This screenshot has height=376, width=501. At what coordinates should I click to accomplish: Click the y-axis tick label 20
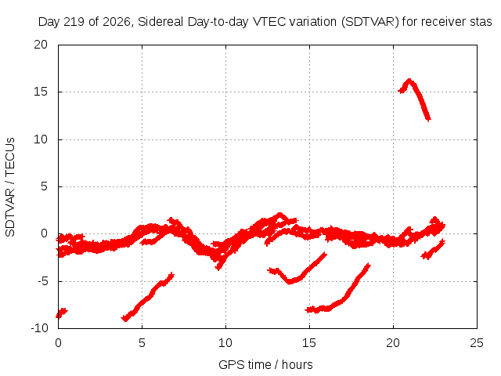click(x=41, y=45)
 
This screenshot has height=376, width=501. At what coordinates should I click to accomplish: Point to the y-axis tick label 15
click(x=41, y=92)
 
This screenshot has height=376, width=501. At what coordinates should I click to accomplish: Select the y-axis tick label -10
click(x=39, y=328)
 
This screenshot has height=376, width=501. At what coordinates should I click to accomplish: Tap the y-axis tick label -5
click(x=42, y=281)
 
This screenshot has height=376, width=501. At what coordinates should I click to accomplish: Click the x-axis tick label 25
click(x=477, y=343)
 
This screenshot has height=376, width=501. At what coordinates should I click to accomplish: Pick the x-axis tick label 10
click(x=225, y=343)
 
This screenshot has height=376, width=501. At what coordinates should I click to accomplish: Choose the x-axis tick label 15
click(x=309, y=343)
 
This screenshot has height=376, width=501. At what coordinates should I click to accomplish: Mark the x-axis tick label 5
click(x=142, y=343)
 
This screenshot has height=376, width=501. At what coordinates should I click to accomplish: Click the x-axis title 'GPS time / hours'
click(x=265, y=364)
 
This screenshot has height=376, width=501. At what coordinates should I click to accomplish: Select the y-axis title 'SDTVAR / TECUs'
click(x=10, y=187)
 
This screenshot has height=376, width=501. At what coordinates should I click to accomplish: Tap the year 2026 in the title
click(x=117, y=22)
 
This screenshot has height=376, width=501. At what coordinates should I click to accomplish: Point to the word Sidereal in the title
click(x=160, y=22)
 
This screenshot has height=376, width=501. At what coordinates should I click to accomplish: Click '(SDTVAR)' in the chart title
click(x=370, y=22)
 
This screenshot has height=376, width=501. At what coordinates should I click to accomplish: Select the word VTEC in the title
click(x=269, y=22)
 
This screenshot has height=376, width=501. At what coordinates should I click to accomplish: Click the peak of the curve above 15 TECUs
click(x=409, y=80)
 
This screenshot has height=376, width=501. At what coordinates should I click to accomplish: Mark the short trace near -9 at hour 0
click(x=62, y=313)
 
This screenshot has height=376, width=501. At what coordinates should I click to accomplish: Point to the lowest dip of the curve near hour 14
click(x=290, y=282)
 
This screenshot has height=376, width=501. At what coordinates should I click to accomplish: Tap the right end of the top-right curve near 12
click(x=429, y=120)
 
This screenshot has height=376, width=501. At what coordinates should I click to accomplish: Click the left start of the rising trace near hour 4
click(x=124, y=319)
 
